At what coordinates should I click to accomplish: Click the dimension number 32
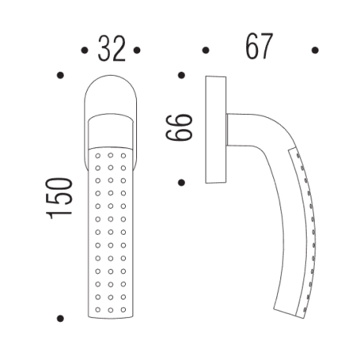pos(111,49)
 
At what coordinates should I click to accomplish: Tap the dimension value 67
pos(260,47)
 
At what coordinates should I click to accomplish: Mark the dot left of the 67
pos(205,50)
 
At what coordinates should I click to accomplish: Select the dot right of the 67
pos(315,50)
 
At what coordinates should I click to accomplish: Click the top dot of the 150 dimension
pos(61,76)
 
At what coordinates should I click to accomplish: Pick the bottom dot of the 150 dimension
pos(61,319)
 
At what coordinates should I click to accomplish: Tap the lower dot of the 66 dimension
pos(182,182)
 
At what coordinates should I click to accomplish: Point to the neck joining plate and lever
pos(234,127)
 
